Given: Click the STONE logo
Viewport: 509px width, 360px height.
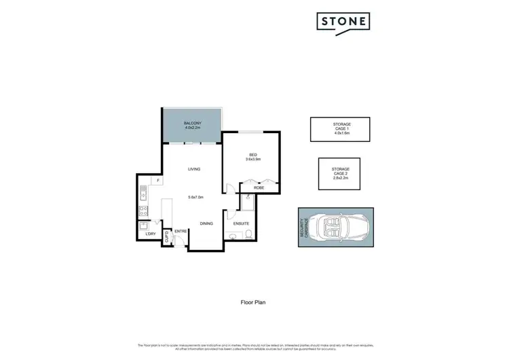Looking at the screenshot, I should point(343,22).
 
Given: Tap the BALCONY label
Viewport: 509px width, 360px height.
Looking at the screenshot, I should point(192,123).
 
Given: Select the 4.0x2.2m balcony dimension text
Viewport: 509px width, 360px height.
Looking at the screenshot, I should point(192,128).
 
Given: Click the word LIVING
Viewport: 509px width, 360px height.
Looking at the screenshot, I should point(194,169).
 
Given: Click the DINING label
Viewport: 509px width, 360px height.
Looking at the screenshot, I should point(206,223).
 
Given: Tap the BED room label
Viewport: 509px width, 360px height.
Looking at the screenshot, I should point(253,154).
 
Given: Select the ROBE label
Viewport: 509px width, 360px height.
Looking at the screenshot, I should point(259,187).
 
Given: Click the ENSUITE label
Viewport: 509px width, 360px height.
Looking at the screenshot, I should point(241,223).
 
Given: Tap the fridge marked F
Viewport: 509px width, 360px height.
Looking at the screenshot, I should point(157,181).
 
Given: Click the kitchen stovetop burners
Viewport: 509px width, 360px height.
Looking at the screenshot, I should point(144,211).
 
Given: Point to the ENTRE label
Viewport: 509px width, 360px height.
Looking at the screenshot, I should point(181,232).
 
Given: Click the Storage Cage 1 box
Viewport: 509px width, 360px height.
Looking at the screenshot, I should point(340,129).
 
